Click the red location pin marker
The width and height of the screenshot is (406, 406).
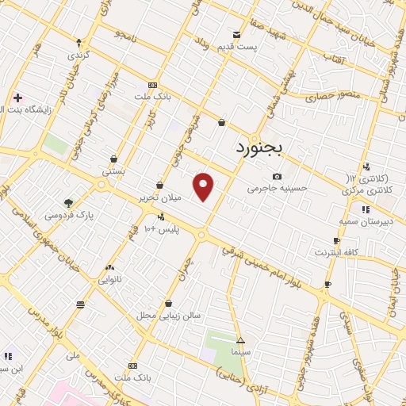pos(205,186)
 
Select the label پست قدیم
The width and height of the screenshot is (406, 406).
pos(238,47)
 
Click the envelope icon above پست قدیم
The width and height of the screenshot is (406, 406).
pos(237,33)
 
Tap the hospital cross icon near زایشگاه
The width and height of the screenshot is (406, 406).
pos(17,98)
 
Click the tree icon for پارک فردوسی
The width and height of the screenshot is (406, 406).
pos(68,203)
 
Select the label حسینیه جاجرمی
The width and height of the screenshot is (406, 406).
pos(276,189)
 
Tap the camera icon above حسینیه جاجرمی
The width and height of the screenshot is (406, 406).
pos(277,176)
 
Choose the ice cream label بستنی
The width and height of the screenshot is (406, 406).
pos(113,170)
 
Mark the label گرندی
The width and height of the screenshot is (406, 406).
pos(77,56)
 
